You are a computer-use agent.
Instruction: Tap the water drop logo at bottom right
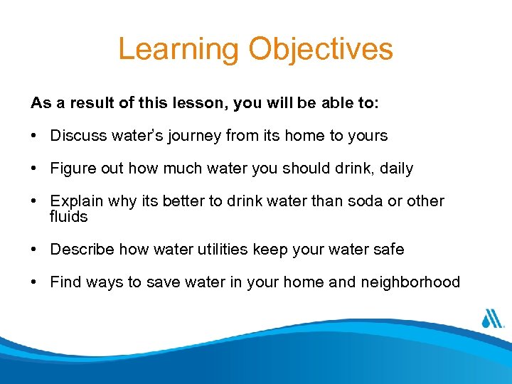(492, 319)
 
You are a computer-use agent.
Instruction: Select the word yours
(367, 135)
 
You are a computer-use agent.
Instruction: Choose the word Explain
(75, 202)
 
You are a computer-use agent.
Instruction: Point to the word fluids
(68, 216)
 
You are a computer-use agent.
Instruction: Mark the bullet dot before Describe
(34, 250)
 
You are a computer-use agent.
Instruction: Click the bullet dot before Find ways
(34, 282)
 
